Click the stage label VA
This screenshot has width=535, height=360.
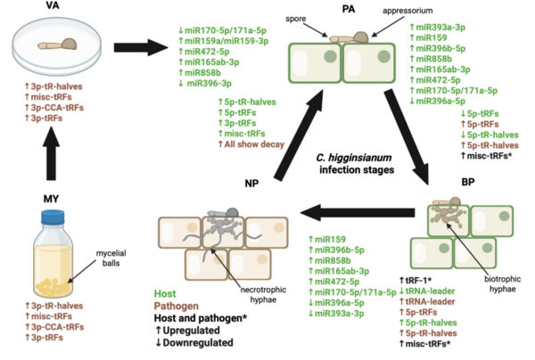tap(53, 5)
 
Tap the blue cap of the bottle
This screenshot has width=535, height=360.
tap(53, 217)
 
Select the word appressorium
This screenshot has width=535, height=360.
tap(407, 11)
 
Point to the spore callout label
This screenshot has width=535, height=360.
tap(295, 19)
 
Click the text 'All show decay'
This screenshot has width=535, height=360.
tap(254, 144)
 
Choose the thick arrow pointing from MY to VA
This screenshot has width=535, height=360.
tap(51, 153)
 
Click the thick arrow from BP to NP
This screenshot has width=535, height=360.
tap(358, 212)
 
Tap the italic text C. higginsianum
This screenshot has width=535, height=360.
tap(353, 158)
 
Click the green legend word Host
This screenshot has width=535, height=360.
tap(165, 293)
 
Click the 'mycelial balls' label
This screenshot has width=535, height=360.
tap(111, 258)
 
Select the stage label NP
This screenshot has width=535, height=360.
tap(251, 184)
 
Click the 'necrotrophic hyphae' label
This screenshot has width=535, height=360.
tap(263, 295)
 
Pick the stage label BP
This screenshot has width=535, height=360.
tap(468, 182)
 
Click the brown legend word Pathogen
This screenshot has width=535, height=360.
tap(176, 306)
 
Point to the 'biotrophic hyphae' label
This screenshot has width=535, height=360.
tap(503, 284)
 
